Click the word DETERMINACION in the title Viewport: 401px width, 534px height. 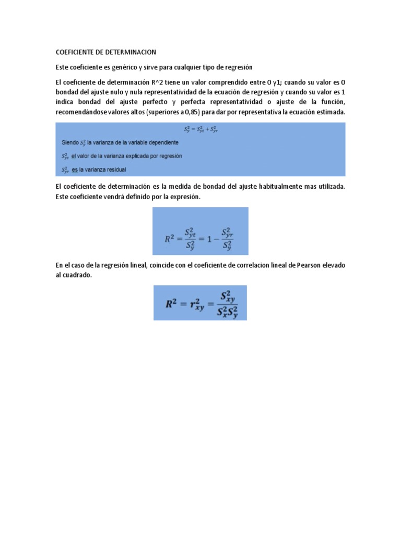tap(132, 52)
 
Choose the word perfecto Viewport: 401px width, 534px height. tap(160, 102)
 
